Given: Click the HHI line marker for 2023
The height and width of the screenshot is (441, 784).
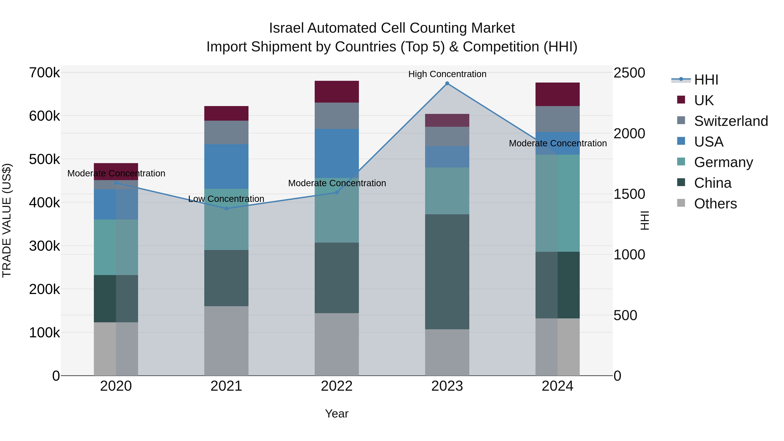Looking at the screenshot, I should pos(447,83).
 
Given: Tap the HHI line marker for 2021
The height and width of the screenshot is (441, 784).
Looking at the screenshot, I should pos(226,208).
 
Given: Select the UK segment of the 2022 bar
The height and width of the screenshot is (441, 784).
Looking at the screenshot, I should pos(337,92).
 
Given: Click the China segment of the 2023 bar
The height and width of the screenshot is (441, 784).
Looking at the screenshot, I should pos(447,272).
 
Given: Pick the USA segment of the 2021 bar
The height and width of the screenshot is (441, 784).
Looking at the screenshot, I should pos(226,166).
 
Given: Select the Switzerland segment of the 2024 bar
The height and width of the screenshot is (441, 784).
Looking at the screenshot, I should pos(557,119).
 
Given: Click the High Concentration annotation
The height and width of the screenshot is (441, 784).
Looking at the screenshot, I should pos(447,74).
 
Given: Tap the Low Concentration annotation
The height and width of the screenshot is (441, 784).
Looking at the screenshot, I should pos(226,199).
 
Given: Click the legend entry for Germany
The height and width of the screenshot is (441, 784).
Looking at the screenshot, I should pos(723,162).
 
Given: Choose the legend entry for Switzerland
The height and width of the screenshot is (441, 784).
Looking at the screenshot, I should pos(730,121).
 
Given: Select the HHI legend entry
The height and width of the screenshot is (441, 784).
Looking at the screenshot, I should pos(706,80).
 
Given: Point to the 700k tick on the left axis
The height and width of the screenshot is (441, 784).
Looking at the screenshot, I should pos(44,73).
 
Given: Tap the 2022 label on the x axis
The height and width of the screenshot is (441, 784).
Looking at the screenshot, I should pos(337,386).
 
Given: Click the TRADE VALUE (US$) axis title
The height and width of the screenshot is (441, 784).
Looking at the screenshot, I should pos(7,220).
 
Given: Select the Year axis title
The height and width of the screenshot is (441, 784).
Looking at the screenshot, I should pos(337,414).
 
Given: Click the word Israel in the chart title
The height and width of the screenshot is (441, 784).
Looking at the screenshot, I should pos(286,28).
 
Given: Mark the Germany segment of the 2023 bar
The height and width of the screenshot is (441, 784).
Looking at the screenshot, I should pos(447,191).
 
